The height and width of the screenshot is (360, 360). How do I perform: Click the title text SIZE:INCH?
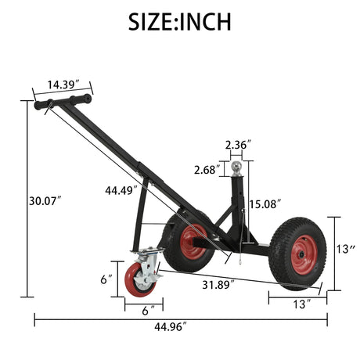tap(180, 21)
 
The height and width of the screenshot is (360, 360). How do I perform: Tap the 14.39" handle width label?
tap(63, 84)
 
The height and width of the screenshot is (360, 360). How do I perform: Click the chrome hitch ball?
tap(236, 167)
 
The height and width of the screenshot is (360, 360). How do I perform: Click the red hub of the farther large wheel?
tap(193, 242)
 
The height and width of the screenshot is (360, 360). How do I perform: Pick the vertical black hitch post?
tap(238, 203)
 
